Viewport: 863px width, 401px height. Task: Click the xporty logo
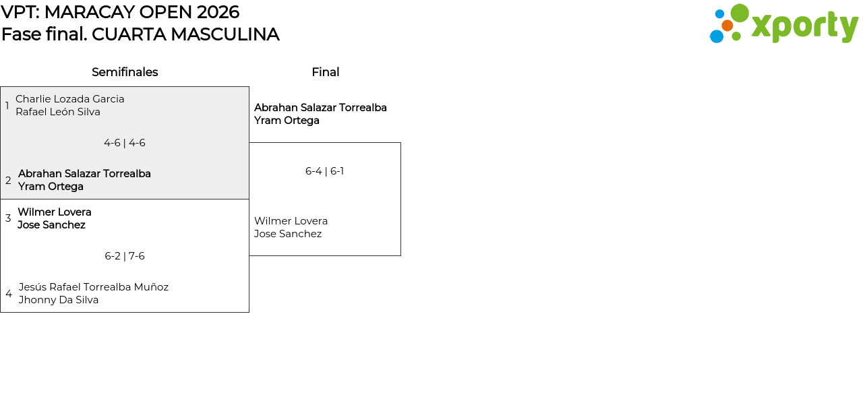click(784, 24)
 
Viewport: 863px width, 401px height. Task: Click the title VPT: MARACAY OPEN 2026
click(120, 12)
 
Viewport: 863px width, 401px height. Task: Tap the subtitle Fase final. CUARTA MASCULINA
click(140, 34)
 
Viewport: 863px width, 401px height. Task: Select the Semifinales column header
click(125, 72)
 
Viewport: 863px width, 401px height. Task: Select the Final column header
click(325, 72)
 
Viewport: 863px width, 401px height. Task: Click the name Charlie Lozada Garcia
click(69, 99)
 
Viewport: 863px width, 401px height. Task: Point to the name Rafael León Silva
click(58, 112)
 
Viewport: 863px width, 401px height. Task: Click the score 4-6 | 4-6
click(125, 143)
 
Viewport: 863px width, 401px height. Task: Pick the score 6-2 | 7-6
click(125, 256)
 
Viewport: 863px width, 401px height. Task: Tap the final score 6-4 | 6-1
click(324, 171)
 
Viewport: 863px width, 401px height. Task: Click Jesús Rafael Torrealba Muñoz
click(94, 287)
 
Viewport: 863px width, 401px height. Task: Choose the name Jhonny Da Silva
click(59, 300)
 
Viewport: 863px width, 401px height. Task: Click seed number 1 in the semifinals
click(7, 105)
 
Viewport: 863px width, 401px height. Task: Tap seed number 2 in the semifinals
click(8, 180)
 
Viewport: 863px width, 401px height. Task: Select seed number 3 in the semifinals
click(8, 218)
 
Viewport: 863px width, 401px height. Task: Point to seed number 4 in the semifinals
click(9, 294)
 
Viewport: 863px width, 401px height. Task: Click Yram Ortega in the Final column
click(287, 121)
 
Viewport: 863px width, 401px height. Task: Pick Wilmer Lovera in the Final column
click(291, 221)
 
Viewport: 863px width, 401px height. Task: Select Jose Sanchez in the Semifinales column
click(51, 225)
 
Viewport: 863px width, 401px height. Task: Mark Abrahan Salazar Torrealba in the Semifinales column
click(84, 174)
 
